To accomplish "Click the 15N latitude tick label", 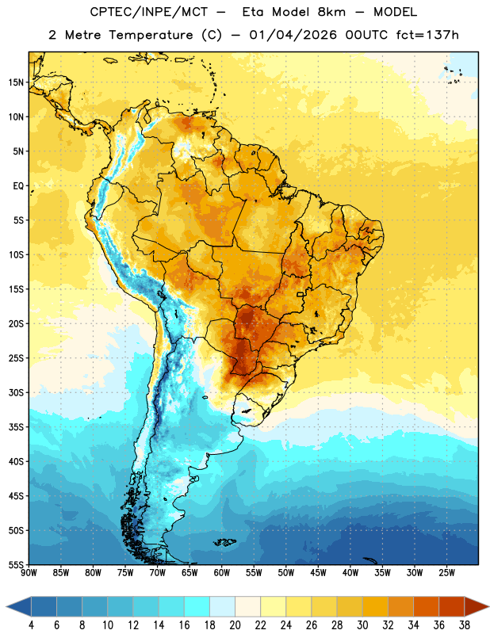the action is tap(16, 82).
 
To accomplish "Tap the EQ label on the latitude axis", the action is tap(18, 186).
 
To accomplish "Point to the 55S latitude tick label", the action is tap(16, 564).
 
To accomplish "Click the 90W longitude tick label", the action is tap(29, 573).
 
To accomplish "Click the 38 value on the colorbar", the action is tap(465, 625).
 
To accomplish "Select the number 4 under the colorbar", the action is tap(31, 625).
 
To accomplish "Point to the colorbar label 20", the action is tap(235, 625).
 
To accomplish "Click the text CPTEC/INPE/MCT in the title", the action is tap(148, 12).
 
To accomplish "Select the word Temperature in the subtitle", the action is tap(151, 35).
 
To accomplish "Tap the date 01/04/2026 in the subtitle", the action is tap(293, 35).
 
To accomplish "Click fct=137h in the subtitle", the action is tap(427, 35).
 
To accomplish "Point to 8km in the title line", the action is tap(331, 12).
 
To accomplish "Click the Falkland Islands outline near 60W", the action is tap(225, 542).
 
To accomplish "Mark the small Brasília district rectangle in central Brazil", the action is tap(301, 294).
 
